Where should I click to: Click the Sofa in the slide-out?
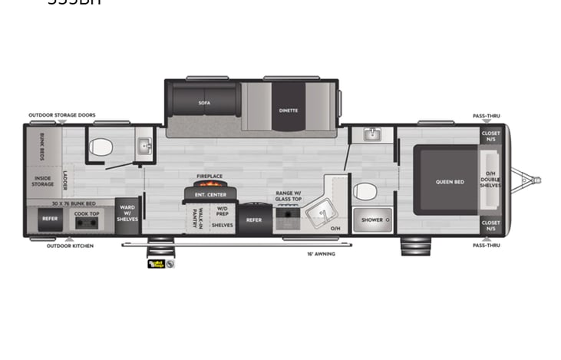coord(204,101)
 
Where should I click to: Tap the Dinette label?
coord(289,110)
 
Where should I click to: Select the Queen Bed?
coord(449,182)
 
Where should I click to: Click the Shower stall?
coord(372,220)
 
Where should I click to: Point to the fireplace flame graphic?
coord(209,186)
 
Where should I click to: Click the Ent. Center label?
coord(209,195)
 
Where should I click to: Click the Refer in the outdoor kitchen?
coord(50,220)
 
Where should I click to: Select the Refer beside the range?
coord(253,220)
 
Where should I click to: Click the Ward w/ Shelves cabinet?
coord(127,215)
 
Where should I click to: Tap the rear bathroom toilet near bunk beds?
coord(101,147)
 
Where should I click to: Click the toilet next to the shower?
coord(367,191)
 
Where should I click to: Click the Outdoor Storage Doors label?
coord(62,115)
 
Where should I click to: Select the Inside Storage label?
coord(43,182)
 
